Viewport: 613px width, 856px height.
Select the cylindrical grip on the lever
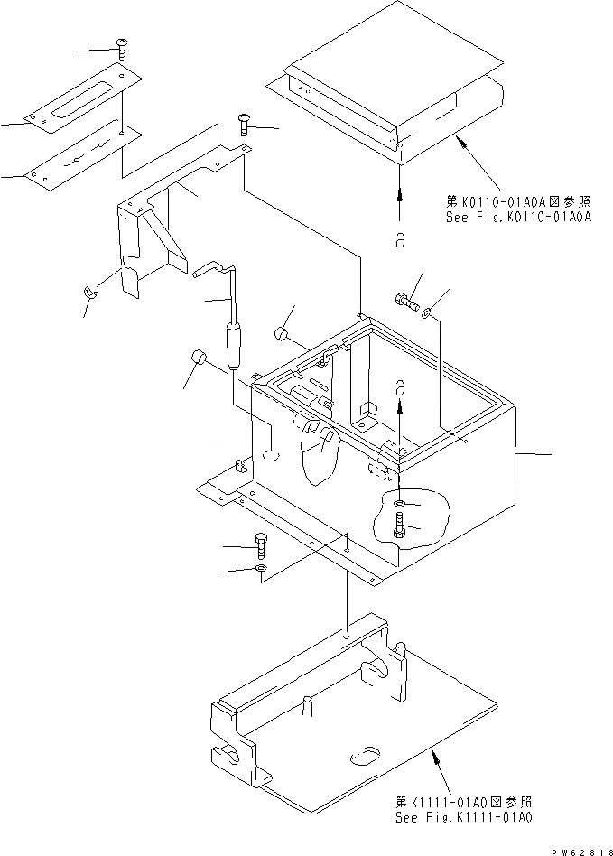coord(237,346)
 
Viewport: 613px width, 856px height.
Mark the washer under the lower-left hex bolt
coord(260,569)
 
